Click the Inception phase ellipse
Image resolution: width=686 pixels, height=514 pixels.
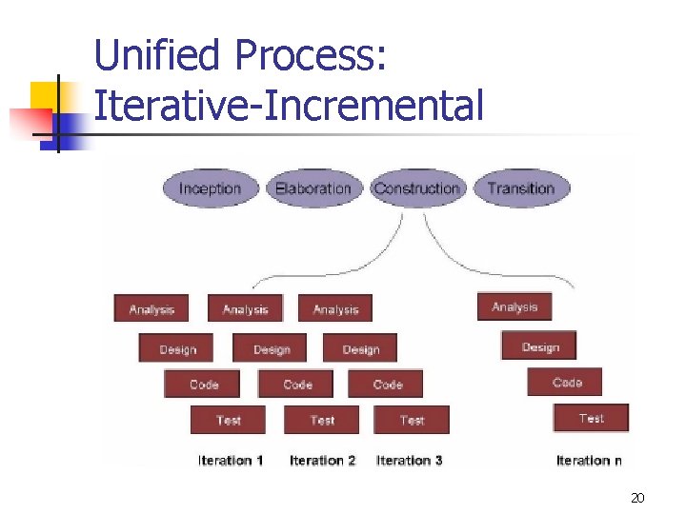coord(210,188)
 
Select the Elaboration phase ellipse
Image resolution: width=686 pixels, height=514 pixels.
coord(313,188)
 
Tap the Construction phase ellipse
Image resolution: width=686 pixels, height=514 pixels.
coord(417,188)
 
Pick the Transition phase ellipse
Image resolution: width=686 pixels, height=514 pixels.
coord(521,188)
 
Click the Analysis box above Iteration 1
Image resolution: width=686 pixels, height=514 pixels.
coord(151,309)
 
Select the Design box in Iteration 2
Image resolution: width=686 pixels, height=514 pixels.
coord(271,348)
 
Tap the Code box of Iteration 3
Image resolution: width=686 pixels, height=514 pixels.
coord(387,385)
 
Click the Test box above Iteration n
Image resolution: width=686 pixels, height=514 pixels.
coord(591,418)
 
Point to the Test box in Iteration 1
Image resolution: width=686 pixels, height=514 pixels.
coord(228,420)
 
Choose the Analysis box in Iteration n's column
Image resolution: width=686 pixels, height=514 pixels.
coord(514,306)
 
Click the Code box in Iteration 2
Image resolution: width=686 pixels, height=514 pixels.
coord(297,385)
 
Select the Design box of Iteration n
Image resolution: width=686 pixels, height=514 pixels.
coord(540,346)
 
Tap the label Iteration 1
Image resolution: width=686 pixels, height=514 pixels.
coord(231,461)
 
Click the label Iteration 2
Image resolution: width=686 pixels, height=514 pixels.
coord(322,461)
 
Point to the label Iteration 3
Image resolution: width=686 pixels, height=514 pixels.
coord(410,461)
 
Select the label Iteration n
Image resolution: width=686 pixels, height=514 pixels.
coord(589,461)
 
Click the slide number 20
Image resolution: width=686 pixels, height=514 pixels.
coord(638,498)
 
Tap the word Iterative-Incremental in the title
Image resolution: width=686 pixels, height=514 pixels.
coord(289,105)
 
